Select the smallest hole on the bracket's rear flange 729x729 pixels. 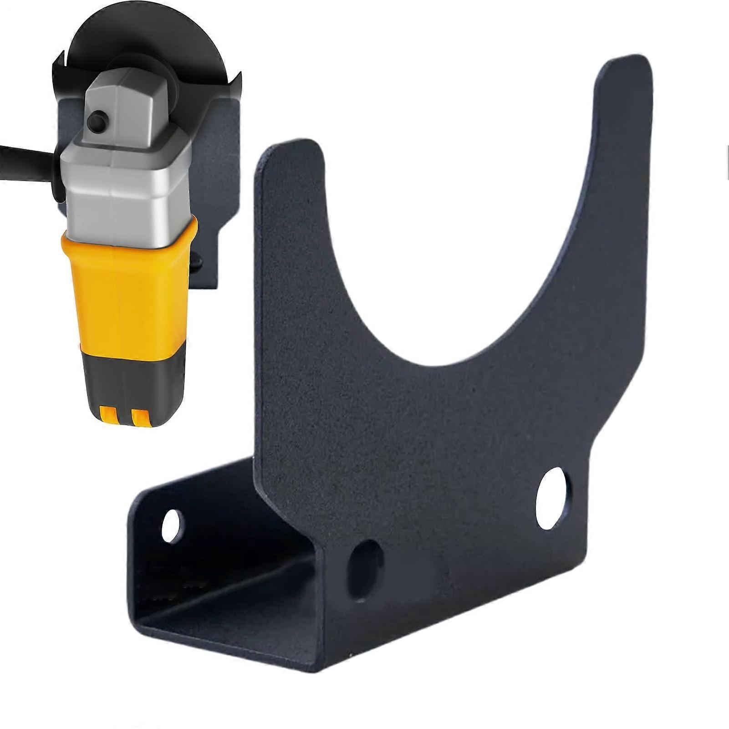point(171,525)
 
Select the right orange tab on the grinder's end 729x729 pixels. point(140,416)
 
